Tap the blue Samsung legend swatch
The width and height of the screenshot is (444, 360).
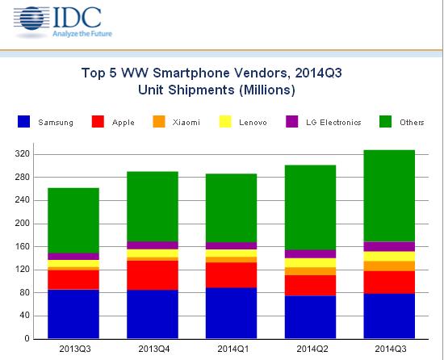25,123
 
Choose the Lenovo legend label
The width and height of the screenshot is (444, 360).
256,123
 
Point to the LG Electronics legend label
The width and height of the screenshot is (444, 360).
333,123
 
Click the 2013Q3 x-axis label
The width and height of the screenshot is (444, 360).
73,350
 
